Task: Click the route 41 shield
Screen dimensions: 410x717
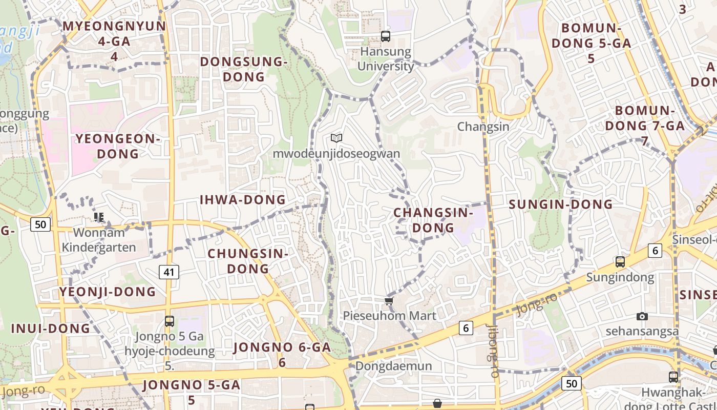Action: (x=169, y=272)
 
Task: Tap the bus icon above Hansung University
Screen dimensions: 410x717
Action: (x=386, y=36)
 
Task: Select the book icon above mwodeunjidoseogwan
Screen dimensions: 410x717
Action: (x=336, y=138)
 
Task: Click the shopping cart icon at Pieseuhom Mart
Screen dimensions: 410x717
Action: (x=389, y=301)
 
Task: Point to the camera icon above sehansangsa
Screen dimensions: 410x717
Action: (x=642, y=316)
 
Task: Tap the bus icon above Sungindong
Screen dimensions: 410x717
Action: (x=620, y=261)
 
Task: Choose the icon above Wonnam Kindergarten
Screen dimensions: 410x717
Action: (x=99, y=217)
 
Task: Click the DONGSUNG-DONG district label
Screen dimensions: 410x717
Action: (x=243, y=69)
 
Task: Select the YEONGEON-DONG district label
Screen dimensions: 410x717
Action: (x=118, y=146)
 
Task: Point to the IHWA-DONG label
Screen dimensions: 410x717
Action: (x=243, y=200)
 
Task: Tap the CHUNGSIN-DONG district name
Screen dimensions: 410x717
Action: (x=248, y=261)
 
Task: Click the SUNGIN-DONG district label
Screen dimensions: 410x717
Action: (x=561, y=204)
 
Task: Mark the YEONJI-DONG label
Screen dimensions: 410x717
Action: (x=108, y=292)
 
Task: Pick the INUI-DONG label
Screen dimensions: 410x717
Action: (x=51, y=329)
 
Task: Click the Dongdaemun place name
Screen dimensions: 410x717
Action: (x=393, y=366)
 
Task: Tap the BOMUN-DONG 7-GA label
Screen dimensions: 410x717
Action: (x=649, y=126)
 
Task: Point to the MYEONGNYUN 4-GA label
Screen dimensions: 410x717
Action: (x=114, y=41)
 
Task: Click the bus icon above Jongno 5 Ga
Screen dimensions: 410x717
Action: (x=170, y=321)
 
